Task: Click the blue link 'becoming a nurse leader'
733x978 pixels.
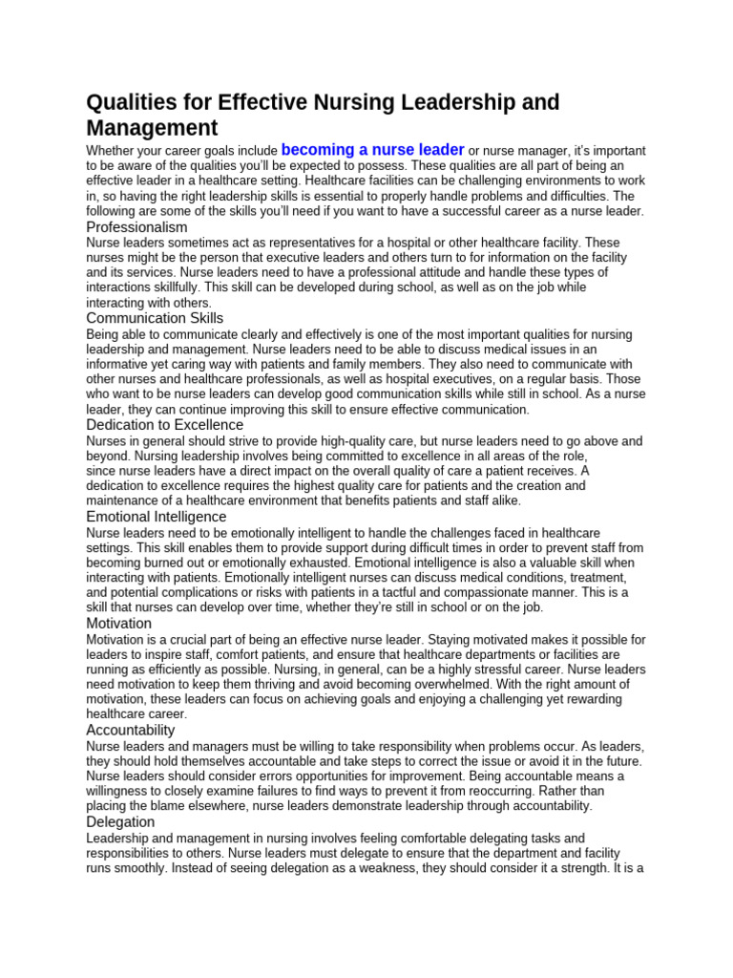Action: [x=372, y=150]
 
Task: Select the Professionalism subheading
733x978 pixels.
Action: [x=136, y=227]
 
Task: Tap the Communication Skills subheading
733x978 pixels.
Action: [x=155, y=318]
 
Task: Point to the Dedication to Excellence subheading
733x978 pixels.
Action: [x=164, y=424]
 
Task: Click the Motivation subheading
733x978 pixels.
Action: [x=118, y=623]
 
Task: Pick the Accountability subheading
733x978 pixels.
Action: [x=131, y=730]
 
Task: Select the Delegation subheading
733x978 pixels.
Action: [x=120, y=821]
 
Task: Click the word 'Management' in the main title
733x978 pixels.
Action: [x=152, y=128]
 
